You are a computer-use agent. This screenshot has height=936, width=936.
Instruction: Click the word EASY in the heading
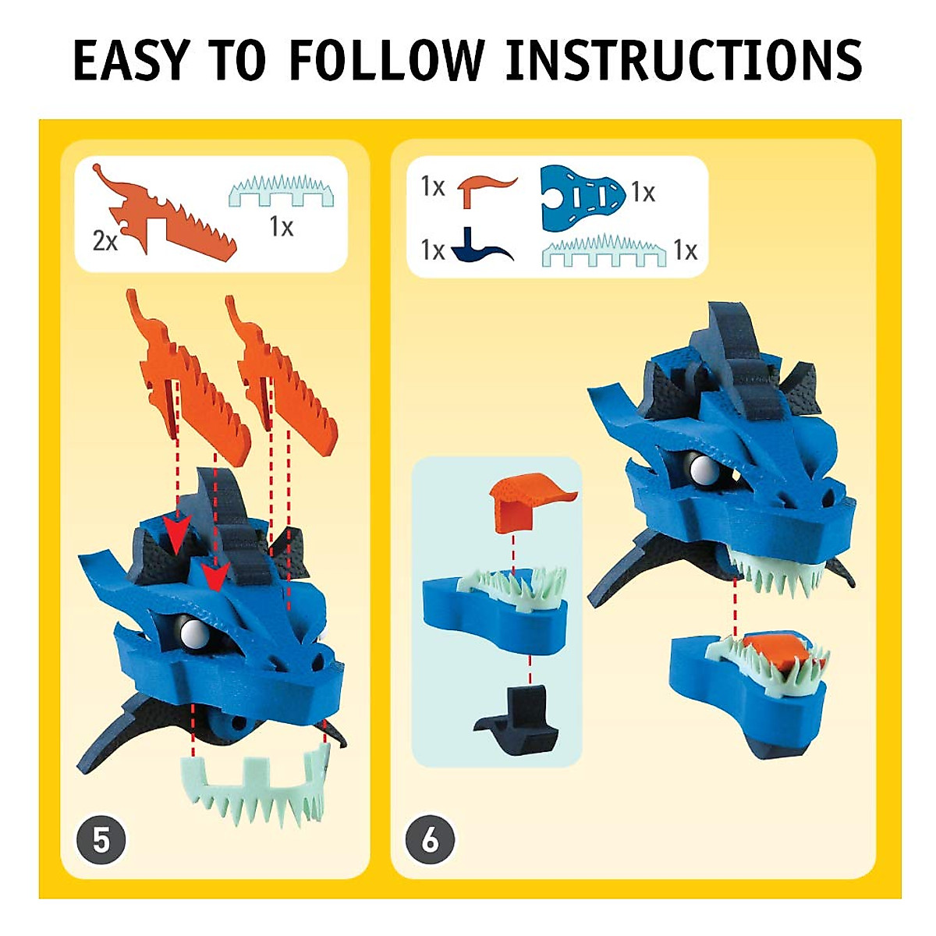point(131,60)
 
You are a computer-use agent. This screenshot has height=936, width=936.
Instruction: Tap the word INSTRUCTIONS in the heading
point(683,60)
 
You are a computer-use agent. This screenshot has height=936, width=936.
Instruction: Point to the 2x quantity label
point(105,241)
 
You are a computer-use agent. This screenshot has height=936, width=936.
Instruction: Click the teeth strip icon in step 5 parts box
point(281,192)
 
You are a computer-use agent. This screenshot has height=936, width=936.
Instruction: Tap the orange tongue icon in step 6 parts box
point(483,189)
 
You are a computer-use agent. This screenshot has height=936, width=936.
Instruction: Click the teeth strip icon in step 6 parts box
point(604,250)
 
